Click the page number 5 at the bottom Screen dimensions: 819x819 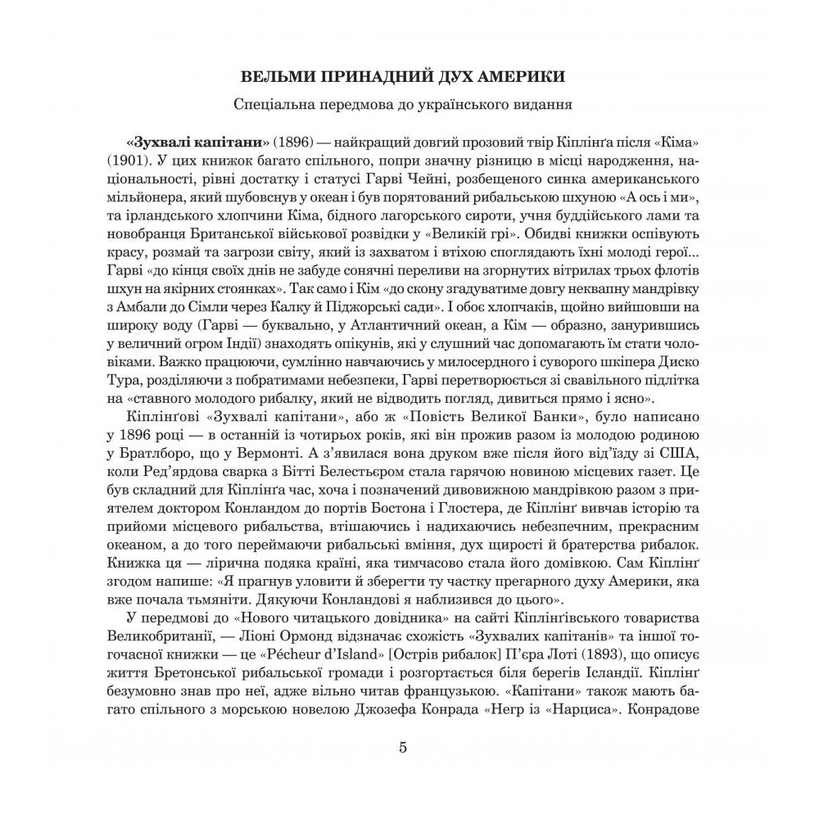402,746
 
